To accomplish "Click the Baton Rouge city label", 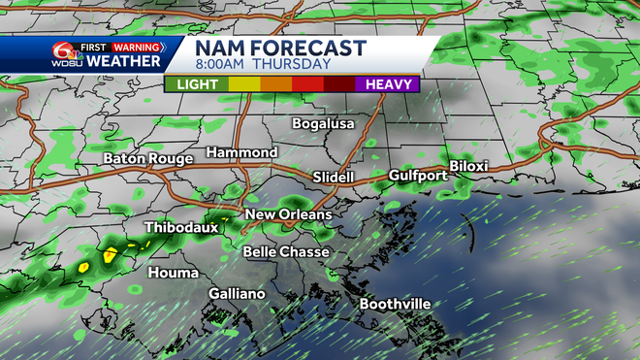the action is point(148,158).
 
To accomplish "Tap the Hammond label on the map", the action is point(241,153).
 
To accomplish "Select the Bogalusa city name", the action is point(325,124).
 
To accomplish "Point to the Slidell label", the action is point(335,178).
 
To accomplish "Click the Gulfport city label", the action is point(417,176).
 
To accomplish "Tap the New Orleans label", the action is point(288,214).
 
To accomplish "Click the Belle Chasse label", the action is point(286,252).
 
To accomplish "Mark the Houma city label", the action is point(173,273).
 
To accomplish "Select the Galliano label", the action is point(237,293).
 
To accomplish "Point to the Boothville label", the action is point(395,304).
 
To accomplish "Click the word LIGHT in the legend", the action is point(197,84).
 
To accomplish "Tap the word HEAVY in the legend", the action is point(387,84).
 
